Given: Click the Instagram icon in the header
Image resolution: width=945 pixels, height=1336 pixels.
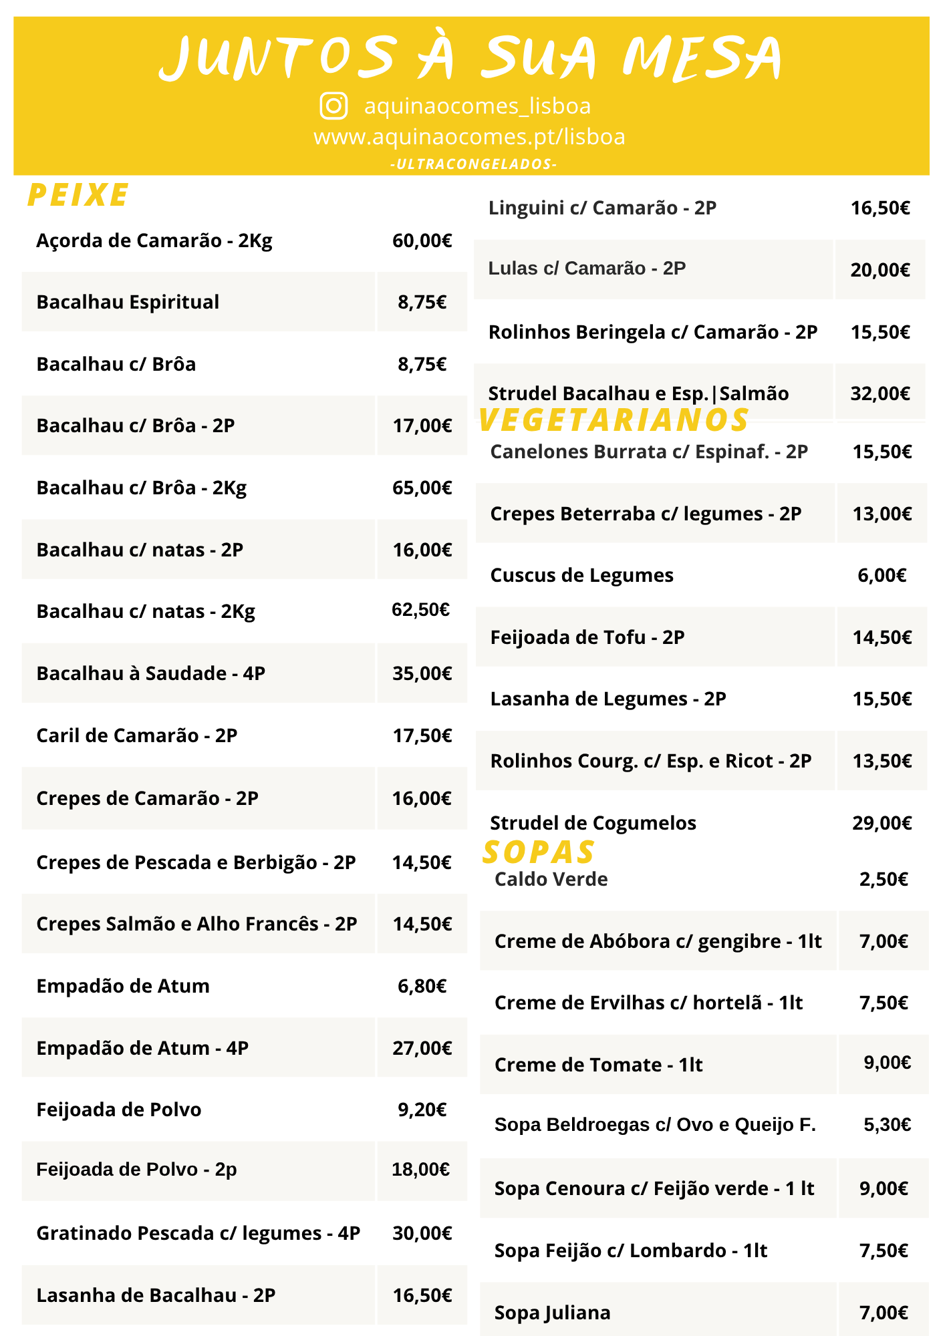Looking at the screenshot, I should click(x=333, y=106).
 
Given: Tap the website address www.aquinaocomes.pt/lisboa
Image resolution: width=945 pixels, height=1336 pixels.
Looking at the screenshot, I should click(x=469, y=137).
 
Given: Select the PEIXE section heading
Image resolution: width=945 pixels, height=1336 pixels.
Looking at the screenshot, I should click(x=78, y=195).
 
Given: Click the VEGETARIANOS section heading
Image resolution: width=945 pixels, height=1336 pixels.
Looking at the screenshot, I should click(x=614, y=420).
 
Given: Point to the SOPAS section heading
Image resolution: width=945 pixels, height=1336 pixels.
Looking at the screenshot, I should click(x=538, y=852).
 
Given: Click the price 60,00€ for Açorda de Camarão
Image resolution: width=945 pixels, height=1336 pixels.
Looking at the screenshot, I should click(x=422, y=240).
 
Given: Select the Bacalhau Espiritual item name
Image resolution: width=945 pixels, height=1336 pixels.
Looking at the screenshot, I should click(x=128, y=302).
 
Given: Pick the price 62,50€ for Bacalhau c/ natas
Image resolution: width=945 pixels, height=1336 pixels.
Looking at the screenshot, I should click(x=420, y=610).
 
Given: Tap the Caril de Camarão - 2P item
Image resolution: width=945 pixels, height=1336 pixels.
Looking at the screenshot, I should click(x=137, y=735).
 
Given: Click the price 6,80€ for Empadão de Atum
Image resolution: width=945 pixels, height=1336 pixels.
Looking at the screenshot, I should click(x=422, y=986).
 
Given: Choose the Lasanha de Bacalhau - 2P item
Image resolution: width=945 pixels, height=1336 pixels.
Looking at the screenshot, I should click(x=156, y=1295).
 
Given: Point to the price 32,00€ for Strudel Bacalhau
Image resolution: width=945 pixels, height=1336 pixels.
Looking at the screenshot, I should click(x=880, y=393).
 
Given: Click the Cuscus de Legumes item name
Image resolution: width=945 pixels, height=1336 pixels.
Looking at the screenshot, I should click(x=581, y=575).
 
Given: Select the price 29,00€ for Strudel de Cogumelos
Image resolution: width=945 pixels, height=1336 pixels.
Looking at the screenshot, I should click(x=882, y=823).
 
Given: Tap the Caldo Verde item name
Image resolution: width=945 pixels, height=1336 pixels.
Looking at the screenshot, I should click(x=551, y=879).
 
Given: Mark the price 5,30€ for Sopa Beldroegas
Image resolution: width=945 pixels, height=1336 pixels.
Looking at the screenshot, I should click(x=887, y=1125).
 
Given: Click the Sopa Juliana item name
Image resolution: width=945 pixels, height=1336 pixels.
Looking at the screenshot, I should click(x=552, y=1313).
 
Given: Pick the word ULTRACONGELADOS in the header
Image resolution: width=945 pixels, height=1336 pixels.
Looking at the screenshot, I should click(x=473, y=164).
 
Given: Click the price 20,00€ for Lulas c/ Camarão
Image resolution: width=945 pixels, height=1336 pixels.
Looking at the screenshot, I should click(x=880, y=270).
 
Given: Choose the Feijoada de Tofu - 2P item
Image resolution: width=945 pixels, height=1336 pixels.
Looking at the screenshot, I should click(x=587, y=637).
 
